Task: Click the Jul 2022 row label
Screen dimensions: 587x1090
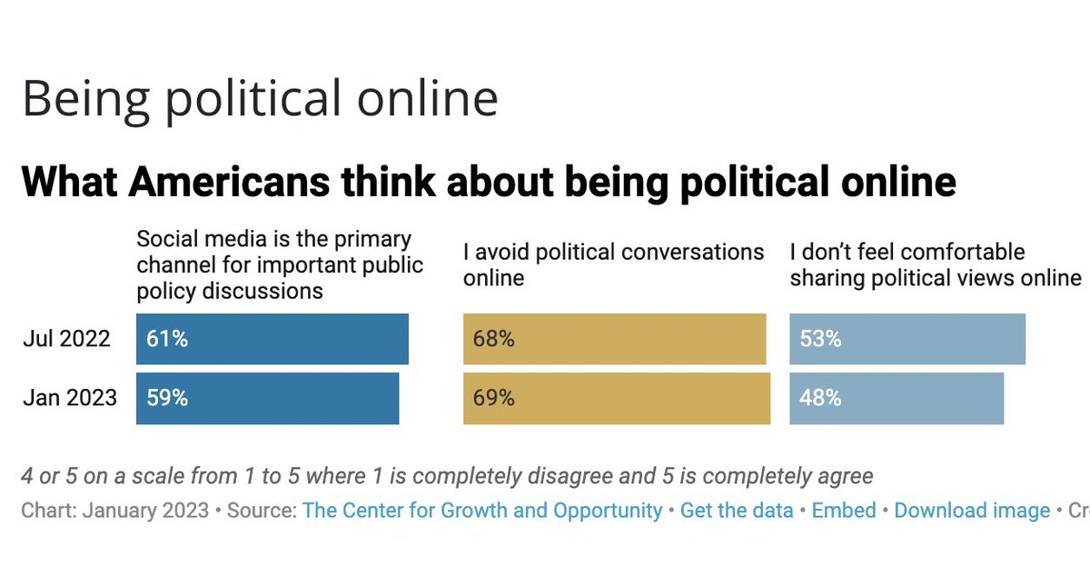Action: point(66,339)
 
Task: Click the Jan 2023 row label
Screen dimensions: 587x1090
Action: point(69,398)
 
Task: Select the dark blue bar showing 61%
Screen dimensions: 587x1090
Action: point(272,339)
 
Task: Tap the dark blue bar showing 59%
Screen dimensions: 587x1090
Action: point(267,398)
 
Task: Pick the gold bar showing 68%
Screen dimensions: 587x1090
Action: point(614,339)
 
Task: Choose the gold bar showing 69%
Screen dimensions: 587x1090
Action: point(616,398)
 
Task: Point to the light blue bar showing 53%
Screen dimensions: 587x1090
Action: point(907,339)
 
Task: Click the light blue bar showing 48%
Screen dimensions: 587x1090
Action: point(896,398)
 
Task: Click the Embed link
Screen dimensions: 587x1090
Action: point(844,511)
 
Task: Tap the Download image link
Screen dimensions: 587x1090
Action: point(972,511)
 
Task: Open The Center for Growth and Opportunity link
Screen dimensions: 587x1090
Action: point(482,511)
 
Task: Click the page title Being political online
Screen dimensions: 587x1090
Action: point(260,98)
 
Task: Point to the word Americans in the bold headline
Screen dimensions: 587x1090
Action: point(229,182)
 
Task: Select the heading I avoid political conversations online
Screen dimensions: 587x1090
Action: point(613,264)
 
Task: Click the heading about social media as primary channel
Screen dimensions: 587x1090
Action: point(279,264)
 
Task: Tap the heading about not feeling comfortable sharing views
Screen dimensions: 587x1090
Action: point(935,264)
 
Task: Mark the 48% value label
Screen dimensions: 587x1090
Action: point(820,398)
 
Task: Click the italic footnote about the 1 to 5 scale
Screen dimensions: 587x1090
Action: point(446,475)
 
